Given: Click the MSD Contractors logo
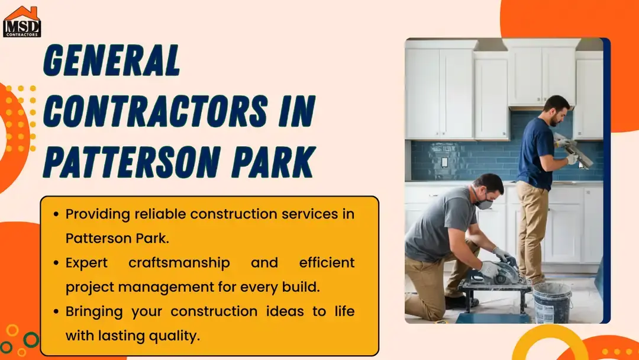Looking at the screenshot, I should pos(22,22).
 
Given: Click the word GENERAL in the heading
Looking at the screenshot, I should pos(112,60).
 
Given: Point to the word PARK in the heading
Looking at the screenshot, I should pos(278,161).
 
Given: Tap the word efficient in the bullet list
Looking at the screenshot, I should pos(327,262).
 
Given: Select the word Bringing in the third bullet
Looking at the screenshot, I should pos(95,311).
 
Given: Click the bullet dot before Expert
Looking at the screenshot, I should pos(56,262).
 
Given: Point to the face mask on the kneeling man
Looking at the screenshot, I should pos(485,202).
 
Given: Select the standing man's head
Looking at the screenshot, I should pos(556,110).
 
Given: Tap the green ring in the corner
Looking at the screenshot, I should pos(31,340).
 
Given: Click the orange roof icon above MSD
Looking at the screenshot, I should pos(22,12).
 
